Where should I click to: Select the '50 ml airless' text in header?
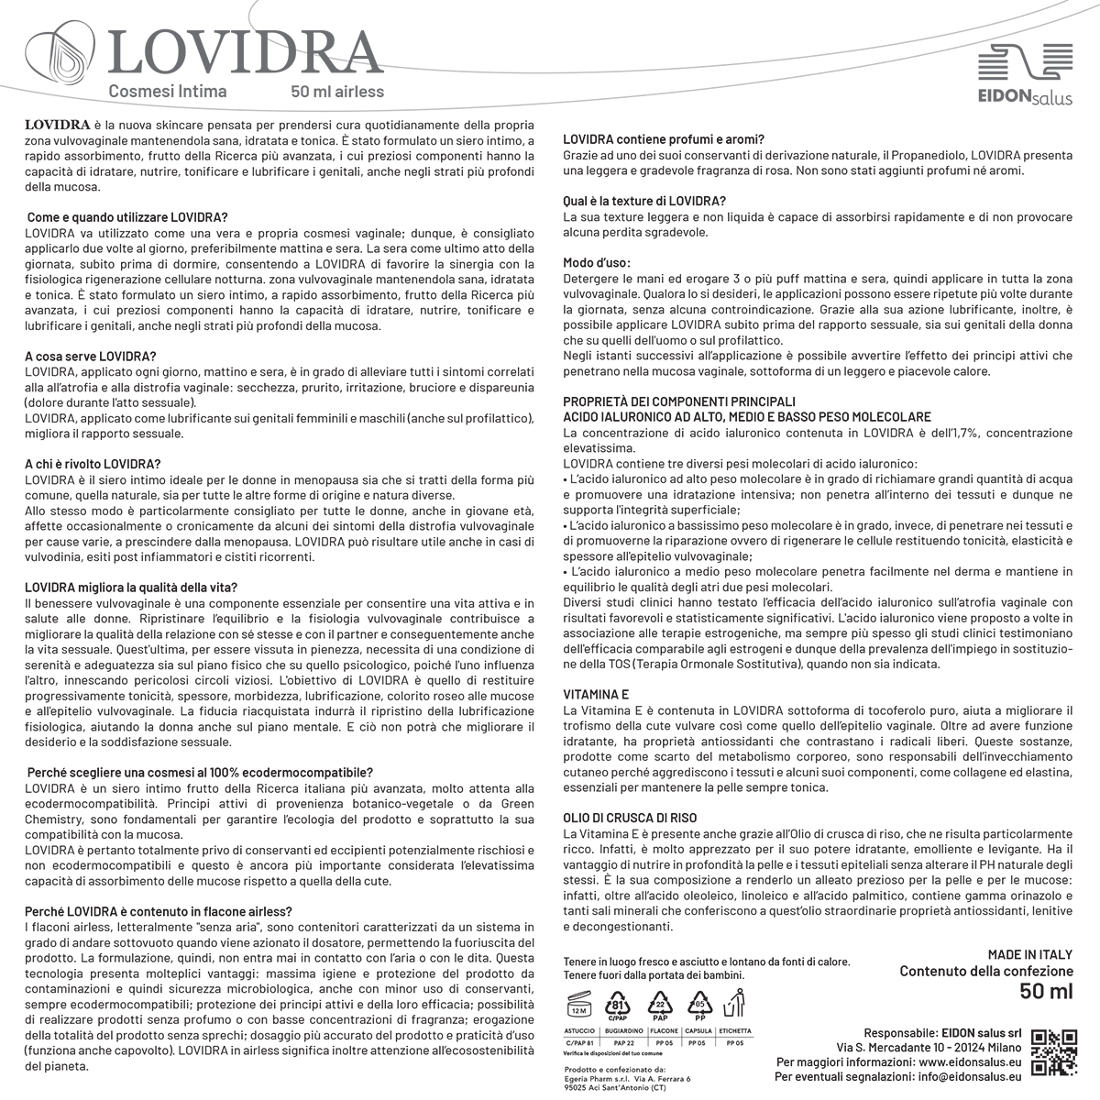(x=337, y=92)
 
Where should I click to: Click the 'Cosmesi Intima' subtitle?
(x=168, y=92)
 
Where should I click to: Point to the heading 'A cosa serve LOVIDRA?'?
(x=91, y=356)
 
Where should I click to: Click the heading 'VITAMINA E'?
(x=596, y=696)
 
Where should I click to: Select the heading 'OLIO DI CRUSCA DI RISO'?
(x=630, y=818)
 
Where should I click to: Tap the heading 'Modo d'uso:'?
(x=597, y=263)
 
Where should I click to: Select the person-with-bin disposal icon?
(x=733, y=1005)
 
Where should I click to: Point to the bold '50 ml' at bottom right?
(x=1046, y=991)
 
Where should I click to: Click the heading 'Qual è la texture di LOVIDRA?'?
(x=644, y=201)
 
